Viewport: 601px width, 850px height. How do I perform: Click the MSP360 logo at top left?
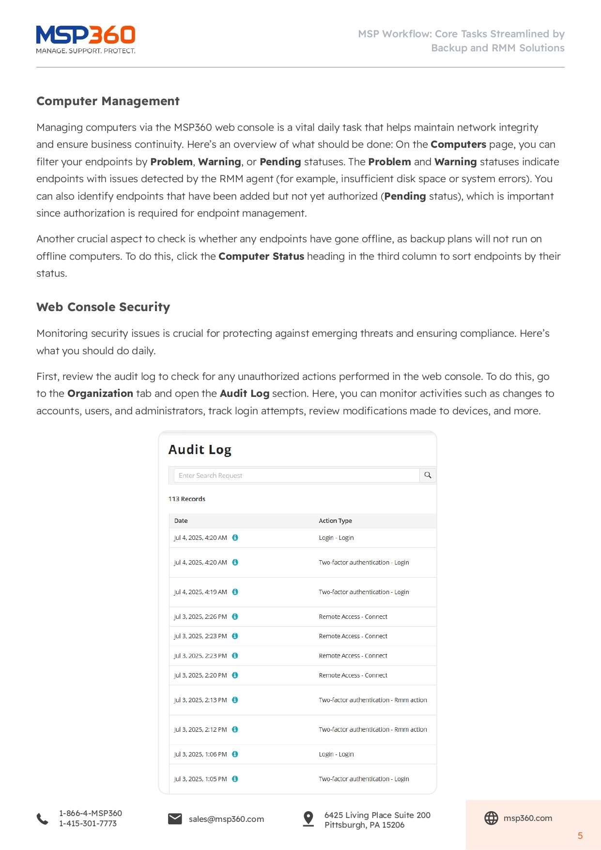[x=86, y=39]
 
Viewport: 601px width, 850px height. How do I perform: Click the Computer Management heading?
[x=108, y=101]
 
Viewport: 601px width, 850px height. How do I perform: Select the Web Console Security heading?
[x=103, y=307]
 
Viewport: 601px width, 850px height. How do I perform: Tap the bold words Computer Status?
[x=261, y=256]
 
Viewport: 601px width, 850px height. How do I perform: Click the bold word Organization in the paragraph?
[x=100, y=394]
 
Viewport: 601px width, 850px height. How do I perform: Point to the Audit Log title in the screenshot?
[x=200, y=450]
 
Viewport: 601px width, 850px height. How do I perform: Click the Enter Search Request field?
[x=296, y=475]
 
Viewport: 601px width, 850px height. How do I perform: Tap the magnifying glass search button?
[x=428, y=475]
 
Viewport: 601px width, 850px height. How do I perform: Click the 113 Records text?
[x=187, y=499]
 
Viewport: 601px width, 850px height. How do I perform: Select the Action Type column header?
[x=335, y=521]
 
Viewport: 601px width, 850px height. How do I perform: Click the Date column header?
[x=181, y=521]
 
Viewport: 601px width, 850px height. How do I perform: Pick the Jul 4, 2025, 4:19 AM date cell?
[x=200, y=592]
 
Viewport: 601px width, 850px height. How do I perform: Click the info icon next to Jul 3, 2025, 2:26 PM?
[x=235, y=617]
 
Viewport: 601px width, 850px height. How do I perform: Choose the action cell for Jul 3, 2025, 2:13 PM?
[x=373, y=700]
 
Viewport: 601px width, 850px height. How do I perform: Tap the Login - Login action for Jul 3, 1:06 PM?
[x=336, y=755]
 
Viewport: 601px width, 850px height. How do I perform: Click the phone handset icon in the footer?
[x=43, y=819]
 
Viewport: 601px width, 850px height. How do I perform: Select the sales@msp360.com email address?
[x=226, y=819]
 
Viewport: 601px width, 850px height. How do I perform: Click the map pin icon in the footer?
[x=308, y=819]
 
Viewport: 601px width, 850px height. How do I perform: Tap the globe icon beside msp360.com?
[x=491, y=818]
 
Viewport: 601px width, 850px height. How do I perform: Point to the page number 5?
[x=580, y=836]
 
